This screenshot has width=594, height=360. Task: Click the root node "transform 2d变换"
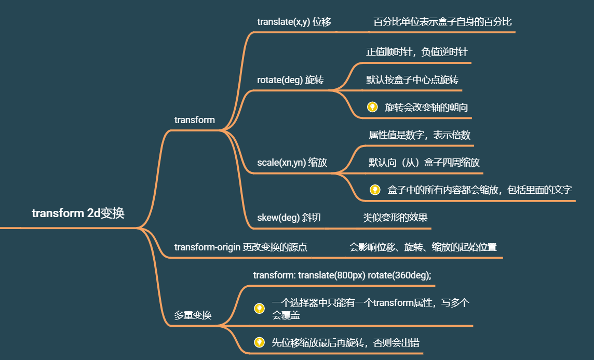(78, 213)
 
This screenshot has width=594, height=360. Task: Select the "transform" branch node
(194, 120)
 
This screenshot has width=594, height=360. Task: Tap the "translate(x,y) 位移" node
(294, 22)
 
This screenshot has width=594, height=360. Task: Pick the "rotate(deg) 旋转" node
(290, 80)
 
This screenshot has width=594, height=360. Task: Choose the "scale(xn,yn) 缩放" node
(292, 162)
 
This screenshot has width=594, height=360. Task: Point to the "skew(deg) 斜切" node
(289, 217)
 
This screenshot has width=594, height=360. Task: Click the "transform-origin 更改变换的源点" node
(240, 247)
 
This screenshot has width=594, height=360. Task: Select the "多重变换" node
(193, 315)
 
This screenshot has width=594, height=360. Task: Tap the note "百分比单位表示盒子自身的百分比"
(442, 22)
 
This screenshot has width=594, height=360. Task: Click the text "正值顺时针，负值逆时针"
(416, 52)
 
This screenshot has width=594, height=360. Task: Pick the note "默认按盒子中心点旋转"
(412, 80)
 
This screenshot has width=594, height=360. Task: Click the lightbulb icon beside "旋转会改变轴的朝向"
(372, 107)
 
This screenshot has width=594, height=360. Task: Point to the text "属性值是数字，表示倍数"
(420, 135)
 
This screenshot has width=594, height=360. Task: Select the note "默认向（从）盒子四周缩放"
(424, 162)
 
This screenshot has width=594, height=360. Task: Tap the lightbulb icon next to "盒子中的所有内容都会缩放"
(375, 190)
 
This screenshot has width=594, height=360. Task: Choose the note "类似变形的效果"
(395, 217)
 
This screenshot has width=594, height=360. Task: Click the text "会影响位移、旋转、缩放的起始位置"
(423, 247)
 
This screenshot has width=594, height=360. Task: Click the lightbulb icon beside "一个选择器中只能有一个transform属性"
(259, 309)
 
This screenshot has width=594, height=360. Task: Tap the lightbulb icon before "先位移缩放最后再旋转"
(259, 342)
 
